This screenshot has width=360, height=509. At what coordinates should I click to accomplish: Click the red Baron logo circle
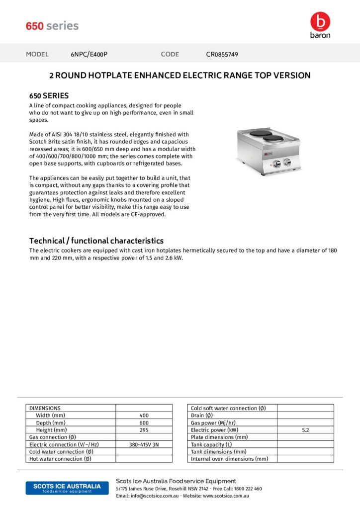click(320, 21)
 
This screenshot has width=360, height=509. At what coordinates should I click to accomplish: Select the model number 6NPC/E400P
click(89, 54)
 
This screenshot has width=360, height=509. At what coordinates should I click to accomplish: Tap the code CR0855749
click(222, 54)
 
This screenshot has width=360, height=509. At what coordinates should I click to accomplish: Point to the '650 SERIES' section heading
click(49, 95)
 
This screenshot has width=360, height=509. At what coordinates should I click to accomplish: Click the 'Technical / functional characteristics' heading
click(96, 241)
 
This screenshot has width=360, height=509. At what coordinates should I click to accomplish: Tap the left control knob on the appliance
click(277, 162)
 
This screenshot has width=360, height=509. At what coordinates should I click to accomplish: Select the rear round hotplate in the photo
click(261, 133)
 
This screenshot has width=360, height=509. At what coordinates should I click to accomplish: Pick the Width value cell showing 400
click(144, 416)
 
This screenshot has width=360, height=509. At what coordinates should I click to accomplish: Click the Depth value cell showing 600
click(144, 423)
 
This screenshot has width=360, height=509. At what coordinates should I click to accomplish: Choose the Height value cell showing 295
click(144, 430)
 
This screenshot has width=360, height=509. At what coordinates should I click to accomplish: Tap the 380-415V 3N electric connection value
click(144, 444)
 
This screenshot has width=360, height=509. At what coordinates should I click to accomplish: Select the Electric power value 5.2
click(305, 430)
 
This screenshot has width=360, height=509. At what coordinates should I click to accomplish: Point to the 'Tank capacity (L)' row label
click(211, 444)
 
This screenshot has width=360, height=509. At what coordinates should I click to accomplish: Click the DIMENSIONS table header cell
click(45, 408)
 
